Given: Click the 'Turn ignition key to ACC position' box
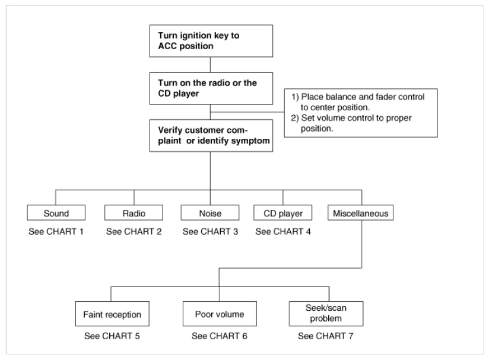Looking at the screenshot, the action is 211,41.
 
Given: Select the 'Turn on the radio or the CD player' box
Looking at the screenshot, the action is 211,88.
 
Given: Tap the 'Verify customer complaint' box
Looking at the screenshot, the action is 211,136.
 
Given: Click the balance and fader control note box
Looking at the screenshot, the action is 361,113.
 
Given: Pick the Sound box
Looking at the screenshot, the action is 56,212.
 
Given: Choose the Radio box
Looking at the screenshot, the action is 134,212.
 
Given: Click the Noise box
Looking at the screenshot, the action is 210,212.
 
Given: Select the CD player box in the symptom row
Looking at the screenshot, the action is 283,212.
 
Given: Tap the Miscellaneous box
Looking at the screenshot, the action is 360,212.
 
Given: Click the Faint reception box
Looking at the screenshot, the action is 112,314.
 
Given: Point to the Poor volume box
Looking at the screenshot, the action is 220,314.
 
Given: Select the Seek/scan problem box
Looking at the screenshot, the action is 326,314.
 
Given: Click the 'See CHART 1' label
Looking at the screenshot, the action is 56,231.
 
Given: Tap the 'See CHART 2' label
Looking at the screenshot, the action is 134,231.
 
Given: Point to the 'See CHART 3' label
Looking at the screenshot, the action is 210,231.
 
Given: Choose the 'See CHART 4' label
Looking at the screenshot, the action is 283,231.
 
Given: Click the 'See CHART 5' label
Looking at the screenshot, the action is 112,336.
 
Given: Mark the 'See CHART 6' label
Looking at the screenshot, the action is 220,336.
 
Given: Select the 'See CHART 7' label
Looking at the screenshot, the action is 326,336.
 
